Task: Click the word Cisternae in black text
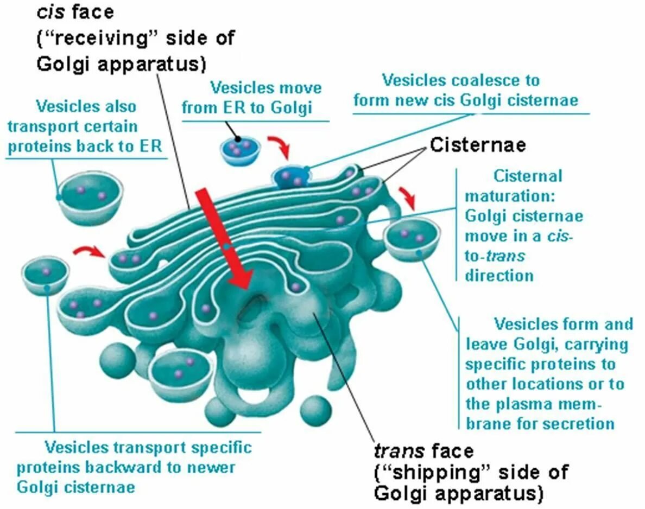(478, 145)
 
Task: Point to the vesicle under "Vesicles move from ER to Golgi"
(239, 151)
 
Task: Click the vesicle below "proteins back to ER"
(90, 198)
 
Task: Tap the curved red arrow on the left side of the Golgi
(90, 250)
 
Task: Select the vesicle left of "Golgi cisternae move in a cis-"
(412, 239)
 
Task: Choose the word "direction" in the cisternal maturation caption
(499, 275)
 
